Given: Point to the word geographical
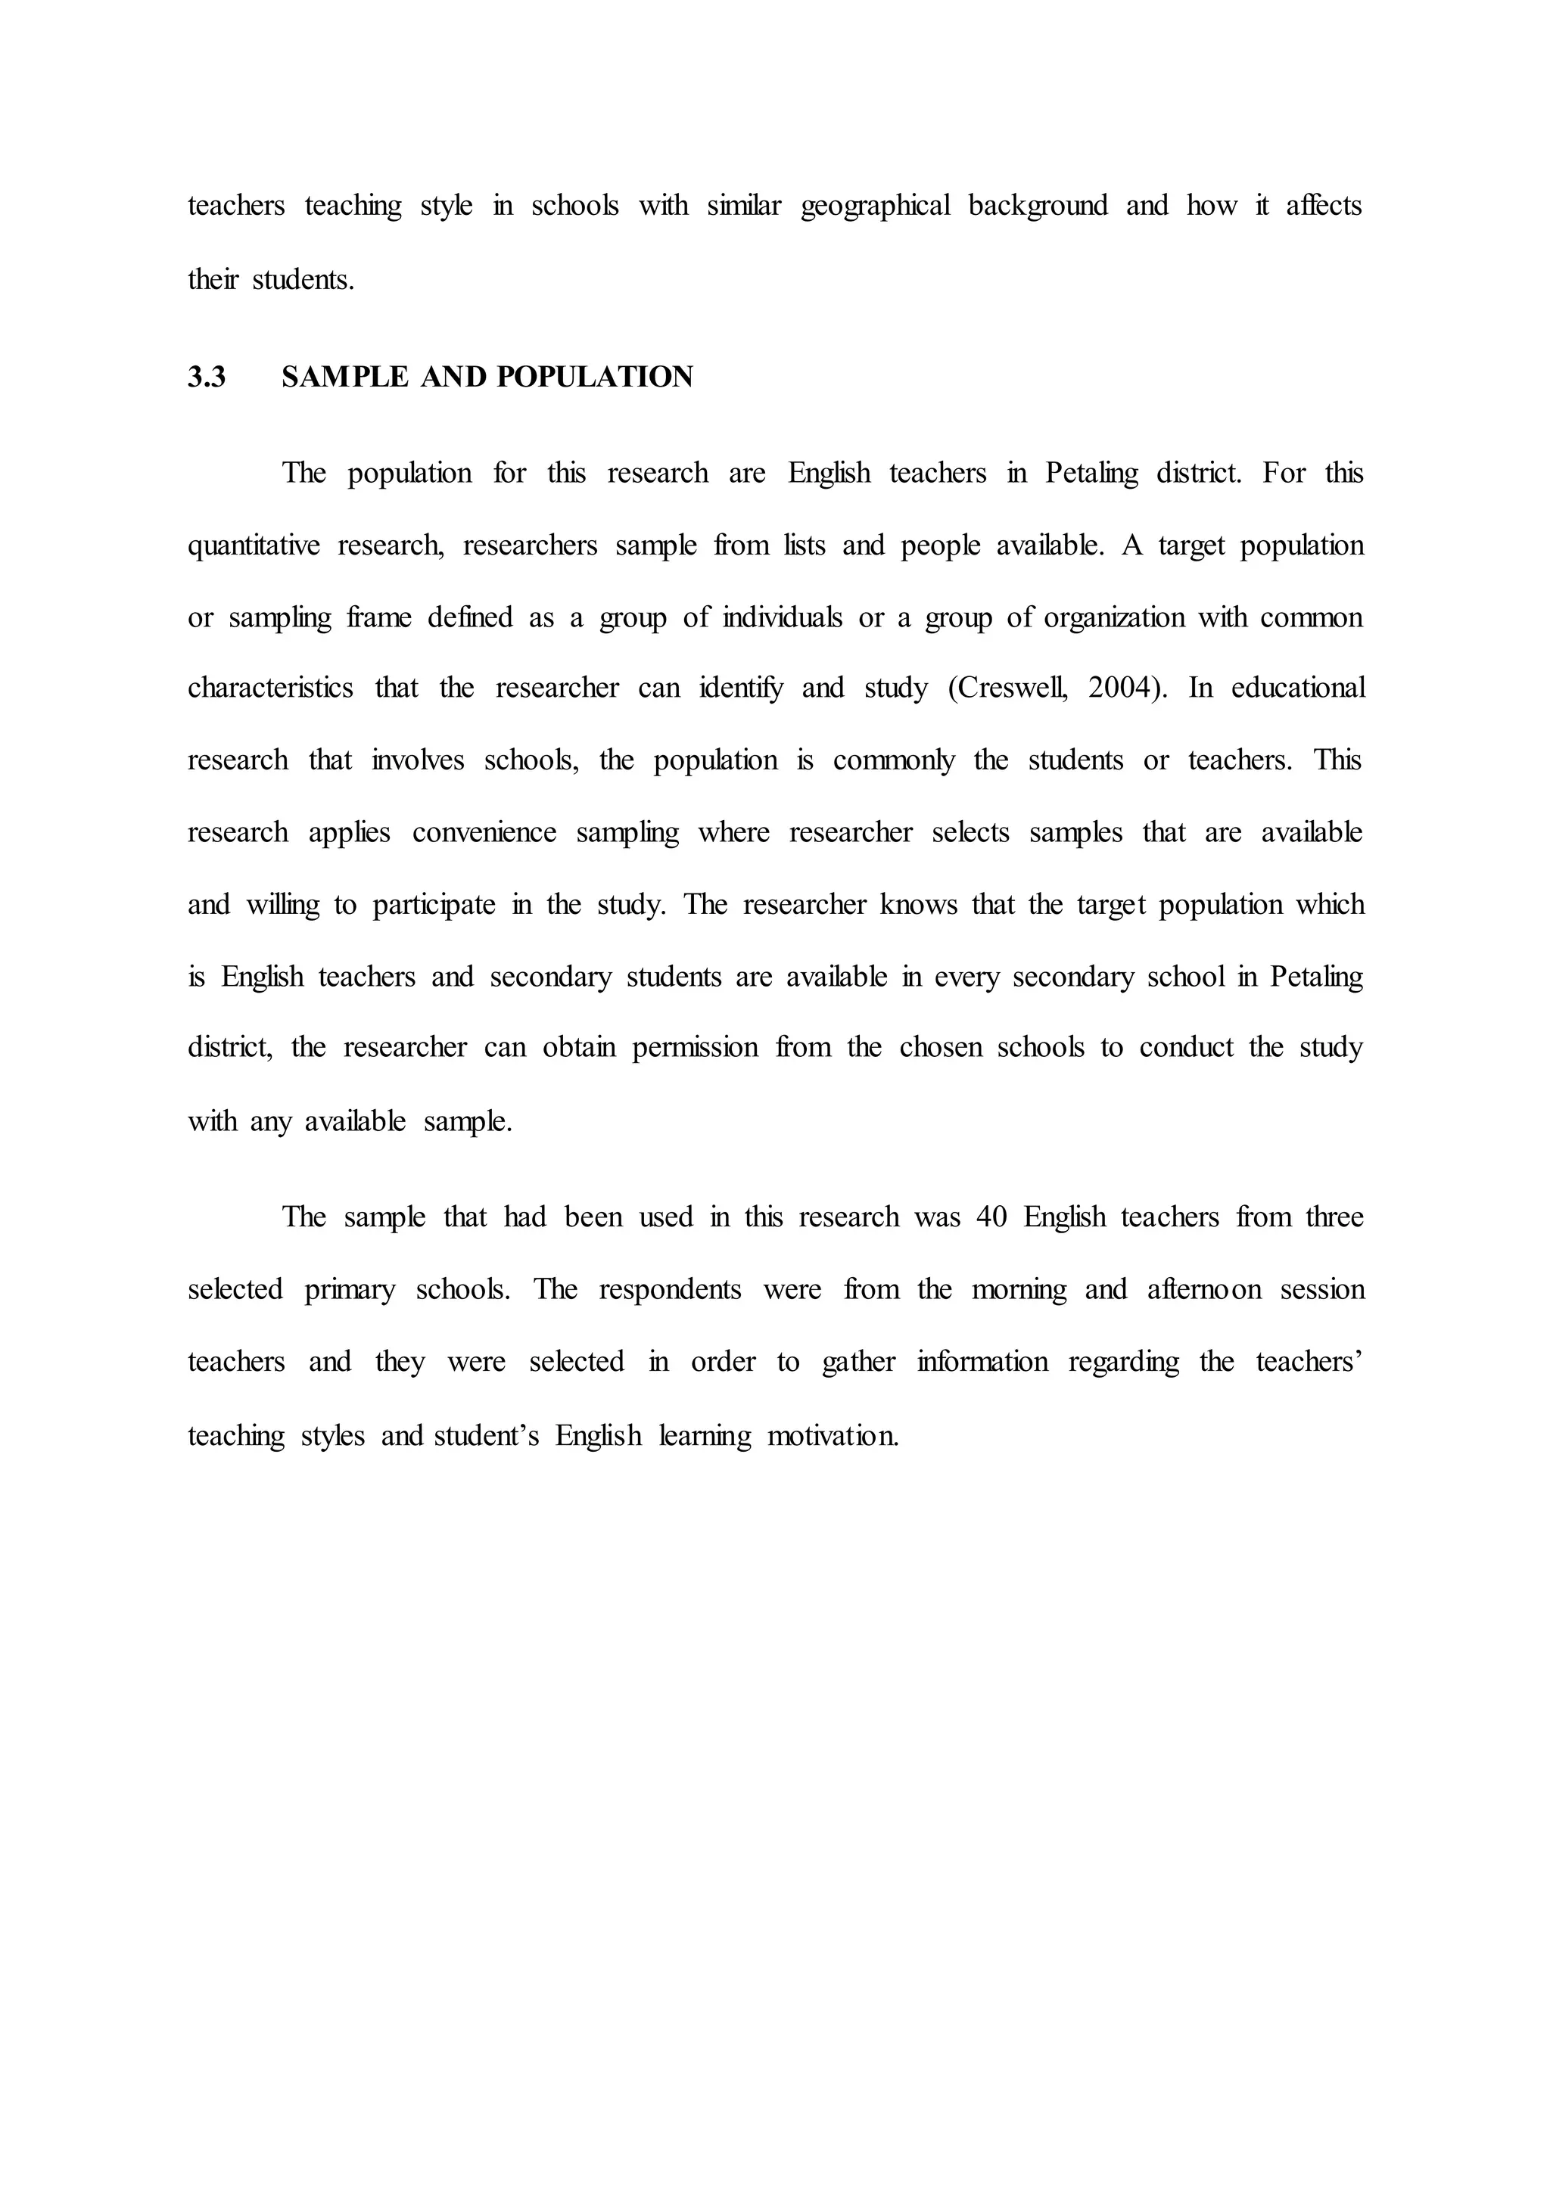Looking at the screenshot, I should (875, 206).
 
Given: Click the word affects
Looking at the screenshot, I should (1324, 206).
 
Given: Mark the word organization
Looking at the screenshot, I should (1113, 618).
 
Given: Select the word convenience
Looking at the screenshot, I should (484, 833).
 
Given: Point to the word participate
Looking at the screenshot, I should (434, 906).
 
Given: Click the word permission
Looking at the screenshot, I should (695, 1048).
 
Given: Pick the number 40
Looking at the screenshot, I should (991, 1217).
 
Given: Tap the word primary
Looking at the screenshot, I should (350, 1290).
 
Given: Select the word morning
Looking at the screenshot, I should (1019, 1290).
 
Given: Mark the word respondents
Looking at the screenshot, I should (670, 1290).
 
